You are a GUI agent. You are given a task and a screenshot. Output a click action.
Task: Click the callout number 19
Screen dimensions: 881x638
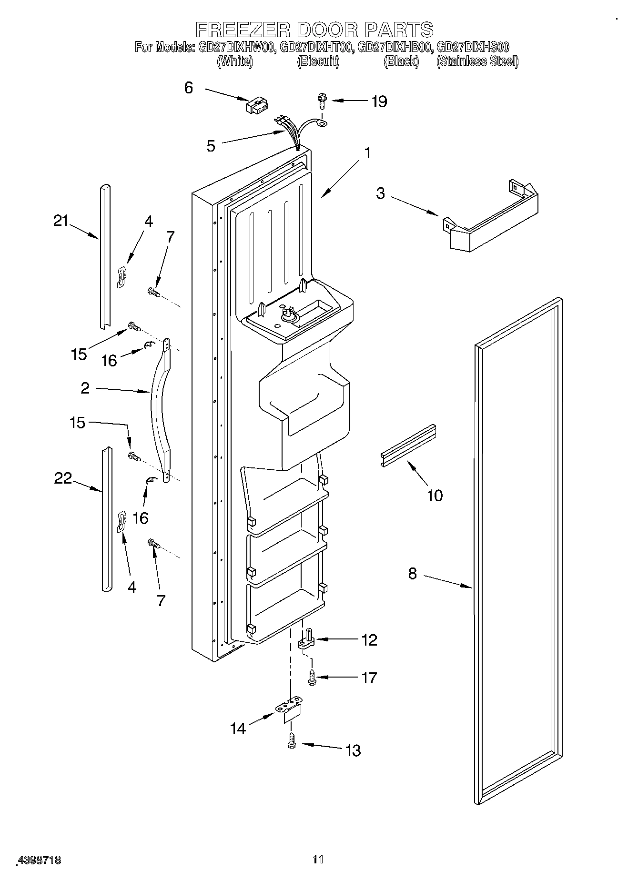point(379,101)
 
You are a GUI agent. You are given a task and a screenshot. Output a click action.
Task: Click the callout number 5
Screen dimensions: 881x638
point(211,146)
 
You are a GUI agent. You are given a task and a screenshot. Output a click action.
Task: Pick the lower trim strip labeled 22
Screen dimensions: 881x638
point(106,519)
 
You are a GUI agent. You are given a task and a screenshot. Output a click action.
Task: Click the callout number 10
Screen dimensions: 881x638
point(435,495)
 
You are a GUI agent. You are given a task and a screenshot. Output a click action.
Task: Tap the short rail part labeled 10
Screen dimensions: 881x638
point(409,445)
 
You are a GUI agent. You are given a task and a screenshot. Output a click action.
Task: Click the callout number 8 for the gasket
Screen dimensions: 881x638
point(413,574)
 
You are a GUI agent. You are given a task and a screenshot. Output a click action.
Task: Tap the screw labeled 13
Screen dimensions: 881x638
point(292,741)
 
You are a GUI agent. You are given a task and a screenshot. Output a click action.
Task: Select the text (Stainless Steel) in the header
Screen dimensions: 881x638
point(477,61)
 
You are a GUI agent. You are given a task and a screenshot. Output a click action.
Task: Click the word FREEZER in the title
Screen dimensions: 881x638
point(243,30)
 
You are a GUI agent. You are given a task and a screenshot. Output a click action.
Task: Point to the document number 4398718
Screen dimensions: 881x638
point(40,860)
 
